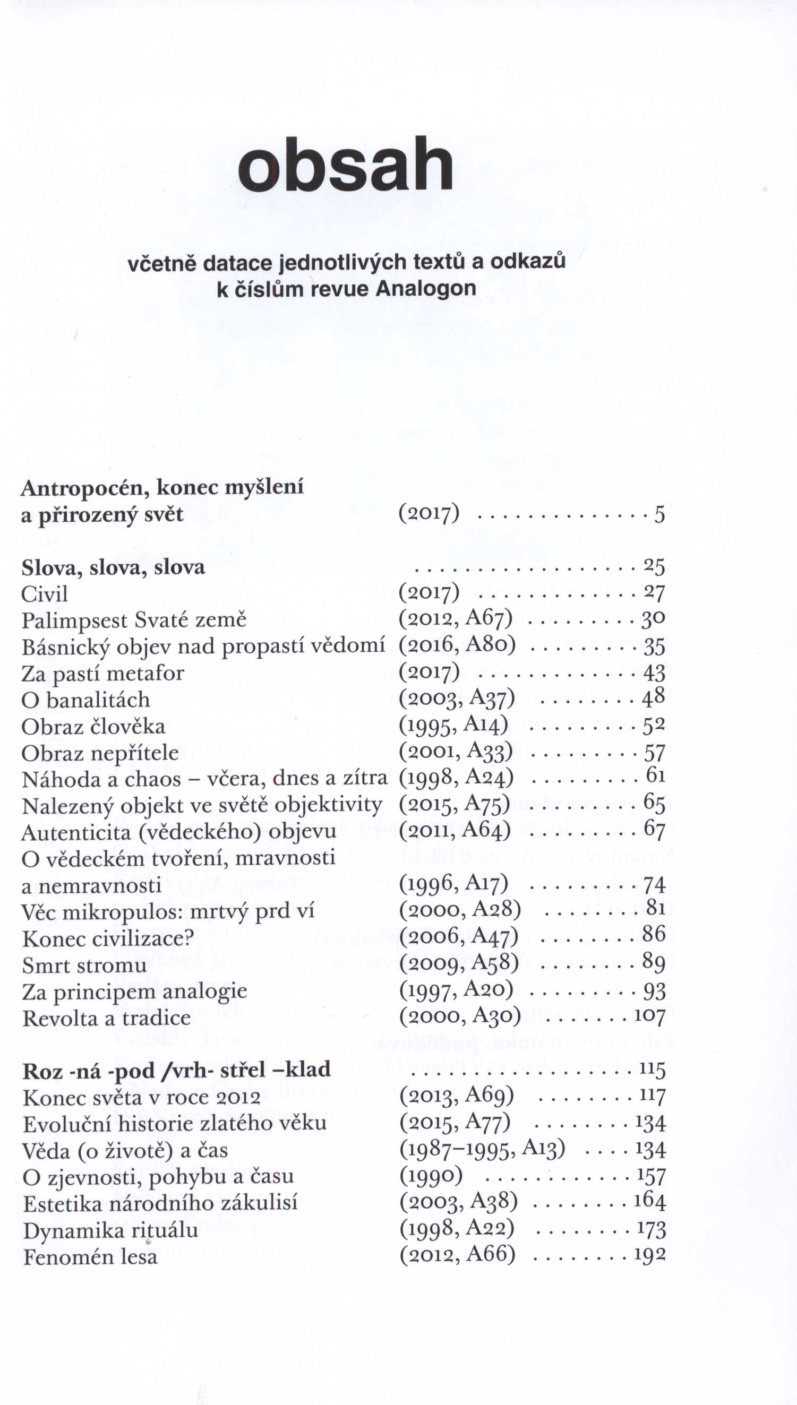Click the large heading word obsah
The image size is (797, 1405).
point(346,164)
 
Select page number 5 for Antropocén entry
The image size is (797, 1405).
point(659,514)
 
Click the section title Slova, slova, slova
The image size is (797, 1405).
point(113,567)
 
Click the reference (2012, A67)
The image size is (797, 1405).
point(456,619)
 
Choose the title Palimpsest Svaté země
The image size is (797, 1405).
point(134,620)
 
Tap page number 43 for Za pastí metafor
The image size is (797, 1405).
point(654,673)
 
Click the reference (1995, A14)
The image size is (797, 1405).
point(453,725)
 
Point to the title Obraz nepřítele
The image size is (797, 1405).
point(100,753)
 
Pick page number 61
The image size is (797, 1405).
point(655,775)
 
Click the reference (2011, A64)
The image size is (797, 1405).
point(455,831)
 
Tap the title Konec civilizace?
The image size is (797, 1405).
point(108,939)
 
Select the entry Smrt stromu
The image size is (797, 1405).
point(84,966)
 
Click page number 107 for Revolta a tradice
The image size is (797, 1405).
point(650,1016)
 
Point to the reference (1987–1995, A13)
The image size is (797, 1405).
point(482,1149)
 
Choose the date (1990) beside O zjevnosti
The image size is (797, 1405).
point(431,1176)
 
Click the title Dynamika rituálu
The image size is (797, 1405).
point(110,1230)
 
